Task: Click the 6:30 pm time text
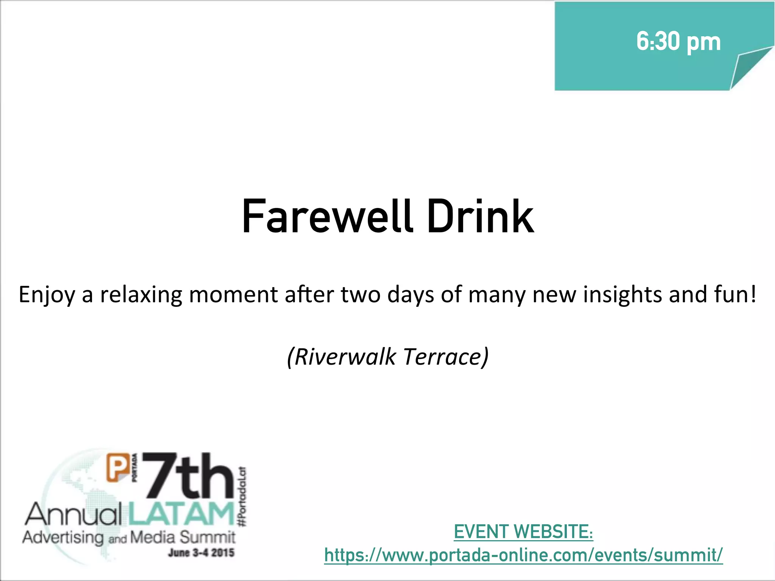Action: click(x=678, y=42)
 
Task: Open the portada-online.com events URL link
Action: click(x=523, y=555)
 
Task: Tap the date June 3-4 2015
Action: click(x=201, y=553)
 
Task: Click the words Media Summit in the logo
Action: click(x=183, y=537)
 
